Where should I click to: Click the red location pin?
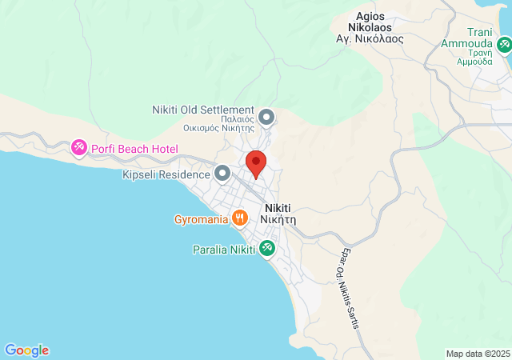(x=256, y=163)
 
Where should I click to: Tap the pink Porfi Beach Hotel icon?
(x=79, y=148)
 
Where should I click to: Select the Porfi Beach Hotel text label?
(x=134, y=149)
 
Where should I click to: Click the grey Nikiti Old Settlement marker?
(x=267, y=118)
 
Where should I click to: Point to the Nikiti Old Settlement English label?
(x=203, y=110)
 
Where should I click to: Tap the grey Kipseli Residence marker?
(x=222, y=173)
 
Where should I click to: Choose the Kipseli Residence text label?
(x=166, y=174)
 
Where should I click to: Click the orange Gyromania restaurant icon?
(x=239, y=218)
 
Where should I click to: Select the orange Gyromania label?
(x=202, y=218)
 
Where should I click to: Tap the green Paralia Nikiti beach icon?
(x=267, y=250)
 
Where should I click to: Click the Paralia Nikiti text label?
(x=224, y=250)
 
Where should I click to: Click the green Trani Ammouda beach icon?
(x=504, y=46)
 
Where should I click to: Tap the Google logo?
(x=27, y=350)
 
